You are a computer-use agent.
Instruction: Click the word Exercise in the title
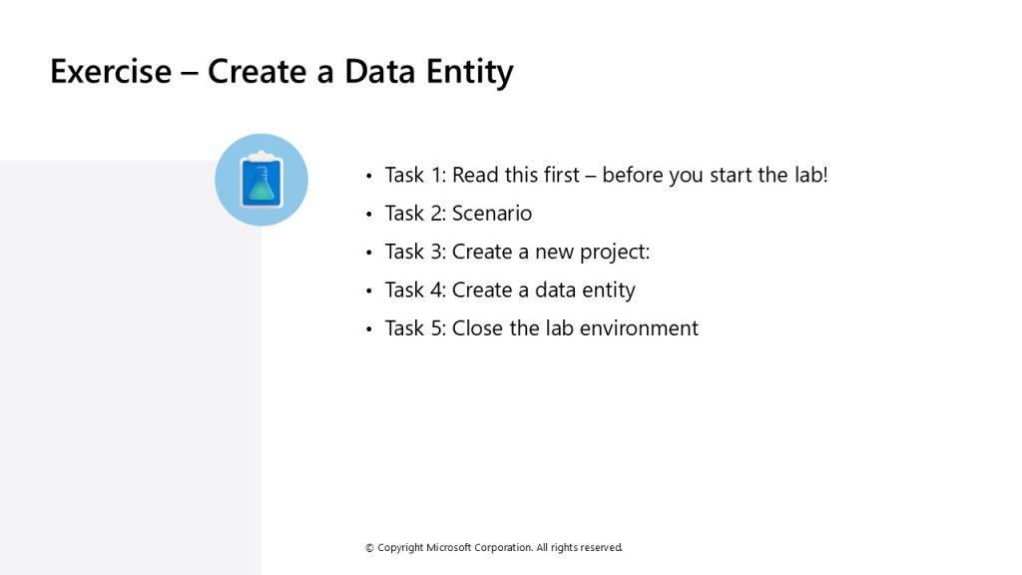point(111,71)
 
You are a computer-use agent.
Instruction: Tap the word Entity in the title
point(470,73)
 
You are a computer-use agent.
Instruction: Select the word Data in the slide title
point(379,71)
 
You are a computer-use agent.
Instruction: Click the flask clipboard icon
point(261,180)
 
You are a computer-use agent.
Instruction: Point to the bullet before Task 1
point(369,176)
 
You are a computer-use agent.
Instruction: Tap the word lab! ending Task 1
point(810,175)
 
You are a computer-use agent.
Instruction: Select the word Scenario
point(492,214)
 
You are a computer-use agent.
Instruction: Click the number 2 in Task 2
point(438,214)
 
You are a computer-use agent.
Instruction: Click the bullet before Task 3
point(369,253)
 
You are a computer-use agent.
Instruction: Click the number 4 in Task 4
point(438,290)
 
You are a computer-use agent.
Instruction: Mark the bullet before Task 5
point(369,329)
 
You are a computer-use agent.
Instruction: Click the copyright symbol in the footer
point(369,548)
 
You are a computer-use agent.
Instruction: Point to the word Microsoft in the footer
point(448,548)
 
